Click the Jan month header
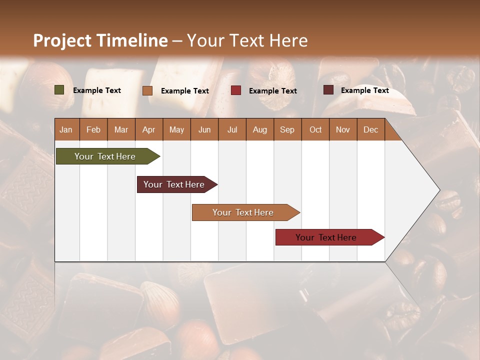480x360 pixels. (x=66, y=130)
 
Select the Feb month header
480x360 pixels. (x=93, y=130)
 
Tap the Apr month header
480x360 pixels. (x=148, y=130)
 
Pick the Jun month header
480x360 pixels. (x=204, y=130)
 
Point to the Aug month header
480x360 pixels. (x=259, y=130)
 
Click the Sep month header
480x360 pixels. (x=287, y=130)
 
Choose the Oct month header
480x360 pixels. (x=315, y=130)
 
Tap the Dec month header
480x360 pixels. (x=370, y=130)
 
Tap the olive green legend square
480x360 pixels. (x=59, y=90)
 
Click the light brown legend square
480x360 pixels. (x=147, y=90)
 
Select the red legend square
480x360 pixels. (x=236, y=90)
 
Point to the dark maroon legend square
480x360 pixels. (x=328, y=90)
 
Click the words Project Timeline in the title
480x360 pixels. (x=100, y=40)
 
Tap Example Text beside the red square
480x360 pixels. (x=273, y=91)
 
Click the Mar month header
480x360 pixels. (x=121, y=130)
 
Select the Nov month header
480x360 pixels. (x=343, y=130)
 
